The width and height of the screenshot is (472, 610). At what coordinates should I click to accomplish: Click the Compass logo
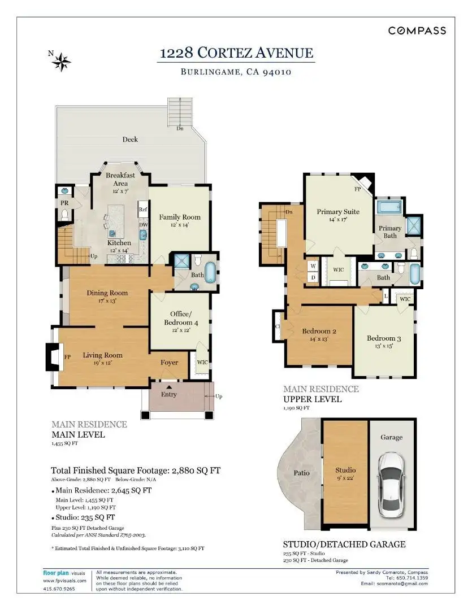click(417, 30)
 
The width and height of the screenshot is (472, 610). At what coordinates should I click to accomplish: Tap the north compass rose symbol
click(62, 62)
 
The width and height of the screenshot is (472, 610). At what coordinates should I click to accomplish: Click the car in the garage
click(391, 485)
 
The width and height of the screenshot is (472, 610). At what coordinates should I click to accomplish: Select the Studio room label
click(345, 470)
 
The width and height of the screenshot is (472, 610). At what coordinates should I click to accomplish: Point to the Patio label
click(301, 473)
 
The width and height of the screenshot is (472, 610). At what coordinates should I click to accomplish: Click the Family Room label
click(180, 217)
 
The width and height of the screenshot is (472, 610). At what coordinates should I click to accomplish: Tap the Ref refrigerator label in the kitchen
click(143, 210)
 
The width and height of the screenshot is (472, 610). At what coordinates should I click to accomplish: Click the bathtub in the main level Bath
click(210, 272)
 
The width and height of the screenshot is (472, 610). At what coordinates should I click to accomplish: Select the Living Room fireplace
click(54, 356)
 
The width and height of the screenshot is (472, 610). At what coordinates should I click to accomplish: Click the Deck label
click(130, 140)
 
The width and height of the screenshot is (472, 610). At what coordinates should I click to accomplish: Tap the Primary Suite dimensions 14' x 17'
click(338, 219)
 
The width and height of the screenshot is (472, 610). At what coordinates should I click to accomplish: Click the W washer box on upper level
click(313, 266)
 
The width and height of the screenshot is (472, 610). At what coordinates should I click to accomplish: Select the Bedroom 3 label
click(384, 338)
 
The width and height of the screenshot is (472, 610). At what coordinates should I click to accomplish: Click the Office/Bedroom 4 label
click(181, 318)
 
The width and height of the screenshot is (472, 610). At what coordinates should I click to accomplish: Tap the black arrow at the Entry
click(169, 387)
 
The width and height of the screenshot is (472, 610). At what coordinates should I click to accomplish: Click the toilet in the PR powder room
click(65, 215)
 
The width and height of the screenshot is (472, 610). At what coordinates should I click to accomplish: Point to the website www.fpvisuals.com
click(64, 581)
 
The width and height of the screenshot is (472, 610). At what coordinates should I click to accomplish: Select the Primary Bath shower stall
click(413, 225)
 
